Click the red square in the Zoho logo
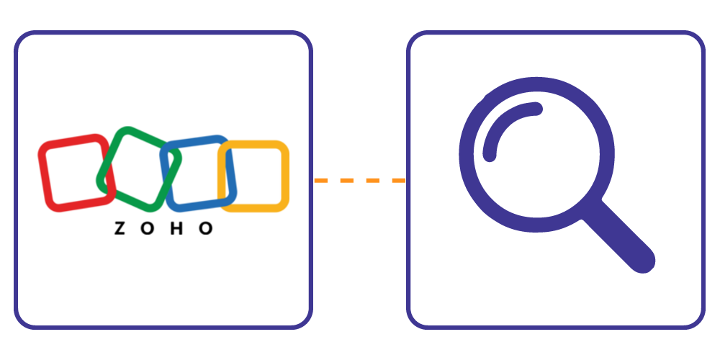click(x=76, y=173)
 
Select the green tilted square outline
click(x=139, y=169)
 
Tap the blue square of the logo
click(x=198, y=174)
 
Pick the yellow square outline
click(x=253, y=176)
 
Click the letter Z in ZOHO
click(x=120, y=228)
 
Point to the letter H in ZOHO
click(x=177, y=228)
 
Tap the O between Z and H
click(x=148, y=228)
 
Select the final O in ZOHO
click(x=206, y=228)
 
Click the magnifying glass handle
click(x=618, y=237)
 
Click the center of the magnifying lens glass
click(x=536, y=155)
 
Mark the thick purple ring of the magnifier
click(x=536, y=155)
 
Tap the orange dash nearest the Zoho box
click(x=320, y=181)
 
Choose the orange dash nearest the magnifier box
click(x=399, y=181)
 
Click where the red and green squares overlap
click(x=109, y=180)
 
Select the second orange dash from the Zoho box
click(x=347, y=181)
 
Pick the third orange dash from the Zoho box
click(x=373, y=181)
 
